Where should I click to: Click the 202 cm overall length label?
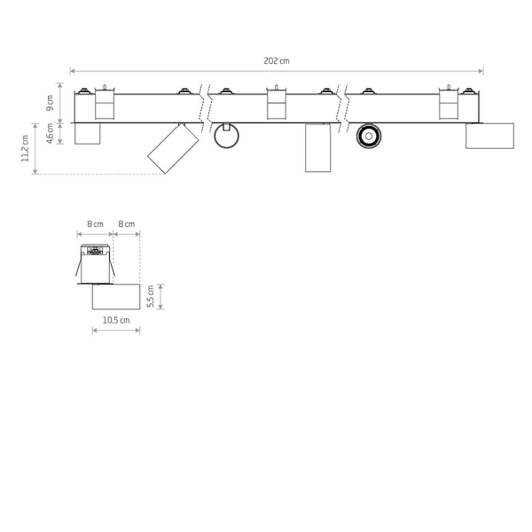point(277,60)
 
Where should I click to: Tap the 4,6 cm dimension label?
point(51,133)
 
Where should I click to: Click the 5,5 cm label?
point(152,296)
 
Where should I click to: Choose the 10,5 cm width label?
point(116,319)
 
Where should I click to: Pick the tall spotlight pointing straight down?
point(317,148)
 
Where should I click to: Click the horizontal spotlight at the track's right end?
point(489,136)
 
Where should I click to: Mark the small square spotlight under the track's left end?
point(87,132)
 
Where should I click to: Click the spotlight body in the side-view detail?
point(116,296)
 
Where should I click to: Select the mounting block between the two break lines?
point(276,105)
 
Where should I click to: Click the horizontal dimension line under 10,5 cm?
point(116,331)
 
